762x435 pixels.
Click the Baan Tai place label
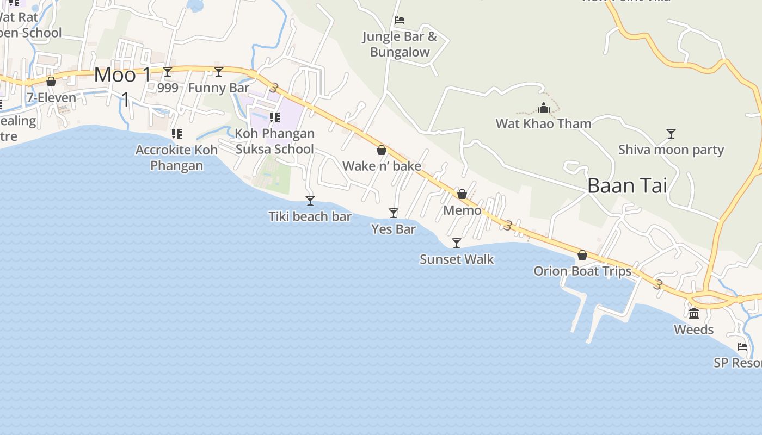[627, 186]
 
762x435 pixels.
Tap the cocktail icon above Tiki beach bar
[310, 201]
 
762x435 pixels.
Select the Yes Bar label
[394, 229]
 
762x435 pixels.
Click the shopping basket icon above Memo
[462, 194]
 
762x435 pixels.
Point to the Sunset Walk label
[457, 259]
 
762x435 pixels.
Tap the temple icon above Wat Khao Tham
[544, 108]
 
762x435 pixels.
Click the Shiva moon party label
[671, 150]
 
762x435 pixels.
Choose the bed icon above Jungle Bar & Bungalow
[400, 21]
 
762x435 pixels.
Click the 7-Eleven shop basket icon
[51, 82]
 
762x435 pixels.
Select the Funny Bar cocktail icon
[219, 71]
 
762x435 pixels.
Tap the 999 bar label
[168, 88]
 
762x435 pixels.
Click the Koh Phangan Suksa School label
[275, 141]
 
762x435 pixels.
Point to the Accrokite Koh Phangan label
[176, 158]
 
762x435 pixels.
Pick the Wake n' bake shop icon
[382, 150]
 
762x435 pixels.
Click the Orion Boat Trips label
[582, 271]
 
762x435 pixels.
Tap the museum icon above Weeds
[694, 313]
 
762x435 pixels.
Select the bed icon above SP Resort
[742, 347]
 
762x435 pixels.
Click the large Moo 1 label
[122, 75]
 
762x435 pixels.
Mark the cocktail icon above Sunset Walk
[457, 243]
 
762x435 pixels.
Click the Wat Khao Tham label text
[543, 124]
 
